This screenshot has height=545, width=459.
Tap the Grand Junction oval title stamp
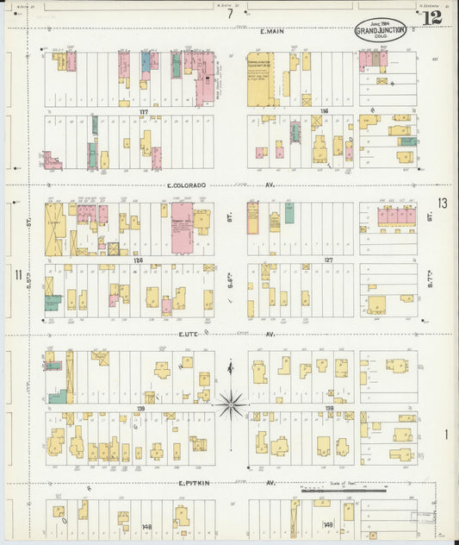coord(380,31)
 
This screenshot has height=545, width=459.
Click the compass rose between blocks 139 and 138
coord(231,401)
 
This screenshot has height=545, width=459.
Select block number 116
coord(324,111)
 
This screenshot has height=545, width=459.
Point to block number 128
coord(138,259)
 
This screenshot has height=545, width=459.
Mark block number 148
coord(146,526)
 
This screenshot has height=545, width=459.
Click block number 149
coord(327,524)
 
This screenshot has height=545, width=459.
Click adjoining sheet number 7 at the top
coord(230,14)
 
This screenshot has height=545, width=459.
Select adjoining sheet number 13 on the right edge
coord(442,204)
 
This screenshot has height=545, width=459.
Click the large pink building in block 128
coord(182,229)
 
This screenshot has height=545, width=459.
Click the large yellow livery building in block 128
coord(55,228)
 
